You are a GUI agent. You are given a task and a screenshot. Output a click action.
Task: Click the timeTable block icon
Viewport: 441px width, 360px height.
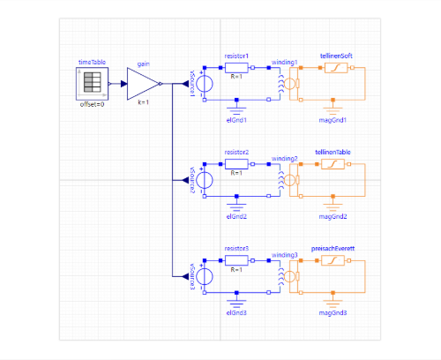(x=92, y=84)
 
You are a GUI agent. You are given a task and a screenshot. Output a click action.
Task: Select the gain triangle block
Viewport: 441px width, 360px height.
(x=143, y=84)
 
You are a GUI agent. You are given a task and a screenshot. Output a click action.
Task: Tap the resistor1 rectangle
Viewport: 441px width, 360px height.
(x=236, y=68)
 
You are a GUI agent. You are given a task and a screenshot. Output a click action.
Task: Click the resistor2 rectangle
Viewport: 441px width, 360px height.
(x=236, y=164)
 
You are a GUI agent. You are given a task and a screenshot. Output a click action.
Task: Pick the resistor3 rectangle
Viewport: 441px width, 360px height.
(x=236, y=260)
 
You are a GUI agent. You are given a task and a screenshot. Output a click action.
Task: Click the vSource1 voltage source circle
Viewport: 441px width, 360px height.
(x=205, y=84)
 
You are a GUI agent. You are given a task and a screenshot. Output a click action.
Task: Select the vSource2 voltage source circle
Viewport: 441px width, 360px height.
(x=205, y=180)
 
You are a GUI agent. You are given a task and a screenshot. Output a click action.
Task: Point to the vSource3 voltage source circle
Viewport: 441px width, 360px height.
(x=205, y=276)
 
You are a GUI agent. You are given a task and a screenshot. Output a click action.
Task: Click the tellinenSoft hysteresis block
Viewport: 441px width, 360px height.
(x=336, y=68)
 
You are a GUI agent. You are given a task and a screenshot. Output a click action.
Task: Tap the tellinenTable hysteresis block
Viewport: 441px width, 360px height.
(x=333, y=164)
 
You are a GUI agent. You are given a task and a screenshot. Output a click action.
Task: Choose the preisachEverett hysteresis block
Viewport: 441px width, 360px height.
(x=333, y=260)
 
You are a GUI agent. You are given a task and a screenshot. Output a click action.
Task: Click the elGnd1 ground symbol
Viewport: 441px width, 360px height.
(x=236, y=110)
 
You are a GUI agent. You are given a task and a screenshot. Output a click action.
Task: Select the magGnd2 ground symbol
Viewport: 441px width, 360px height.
(x=333, y=206)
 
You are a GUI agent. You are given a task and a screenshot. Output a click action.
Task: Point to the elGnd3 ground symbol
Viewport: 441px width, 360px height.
(x=236, y=303)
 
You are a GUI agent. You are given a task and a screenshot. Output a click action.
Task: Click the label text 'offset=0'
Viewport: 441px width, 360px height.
(x=92, y=104)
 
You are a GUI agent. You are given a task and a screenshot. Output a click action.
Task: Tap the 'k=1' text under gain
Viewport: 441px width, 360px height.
(x=144, y=102)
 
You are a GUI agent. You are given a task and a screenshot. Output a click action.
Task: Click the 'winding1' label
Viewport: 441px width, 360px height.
(x=284, y=63)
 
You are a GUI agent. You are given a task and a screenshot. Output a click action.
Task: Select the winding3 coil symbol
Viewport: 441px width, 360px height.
(x=281, y=276)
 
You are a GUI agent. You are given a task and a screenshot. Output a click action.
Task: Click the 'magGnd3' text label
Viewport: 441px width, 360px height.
(x=333, y=313)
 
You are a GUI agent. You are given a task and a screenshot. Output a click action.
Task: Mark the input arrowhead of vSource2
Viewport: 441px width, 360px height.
(x=185, y=180)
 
